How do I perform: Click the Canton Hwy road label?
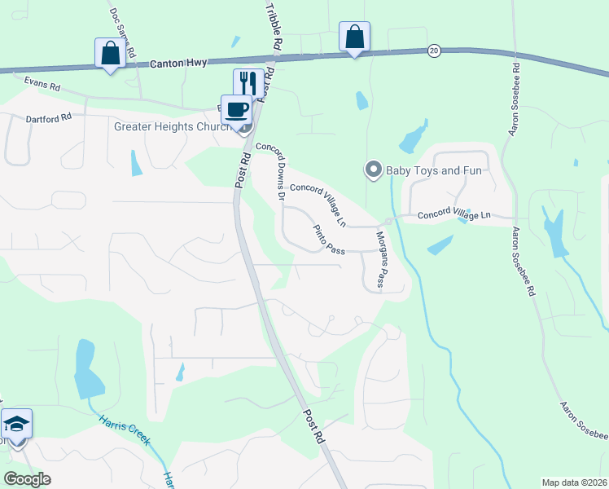(x=179, y=62)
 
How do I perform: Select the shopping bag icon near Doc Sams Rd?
(x=110, y=54)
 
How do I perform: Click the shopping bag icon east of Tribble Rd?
(x=354, y=37)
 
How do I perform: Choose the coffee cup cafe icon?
(x=235, y=109)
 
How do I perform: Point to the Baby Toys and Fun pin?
(x=374, y=170)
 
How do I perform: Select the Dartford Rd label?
(x=49, y=117)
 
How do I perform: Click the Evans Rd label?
(x=43, y=82)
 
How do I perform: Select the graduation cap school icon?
(x=16, y=424)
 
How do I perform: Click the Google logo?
(x=27, y=478)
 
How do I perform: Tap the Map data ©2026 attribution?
(x=573, y=482)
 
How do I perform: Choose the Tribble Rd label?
(x=274, y=27)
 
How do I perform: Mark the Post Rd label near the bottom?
(x=314, y=425)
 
